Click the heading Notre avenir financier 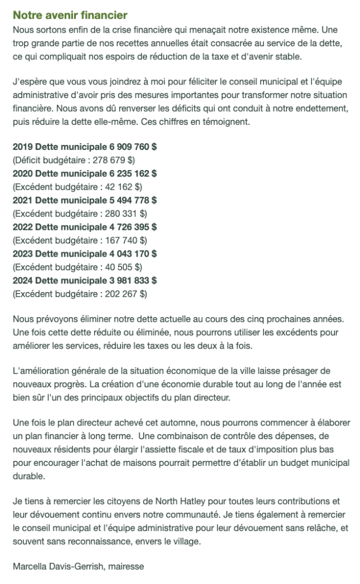click(x=70, y=15)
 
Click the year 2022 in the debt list click(x=22, y=226)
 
